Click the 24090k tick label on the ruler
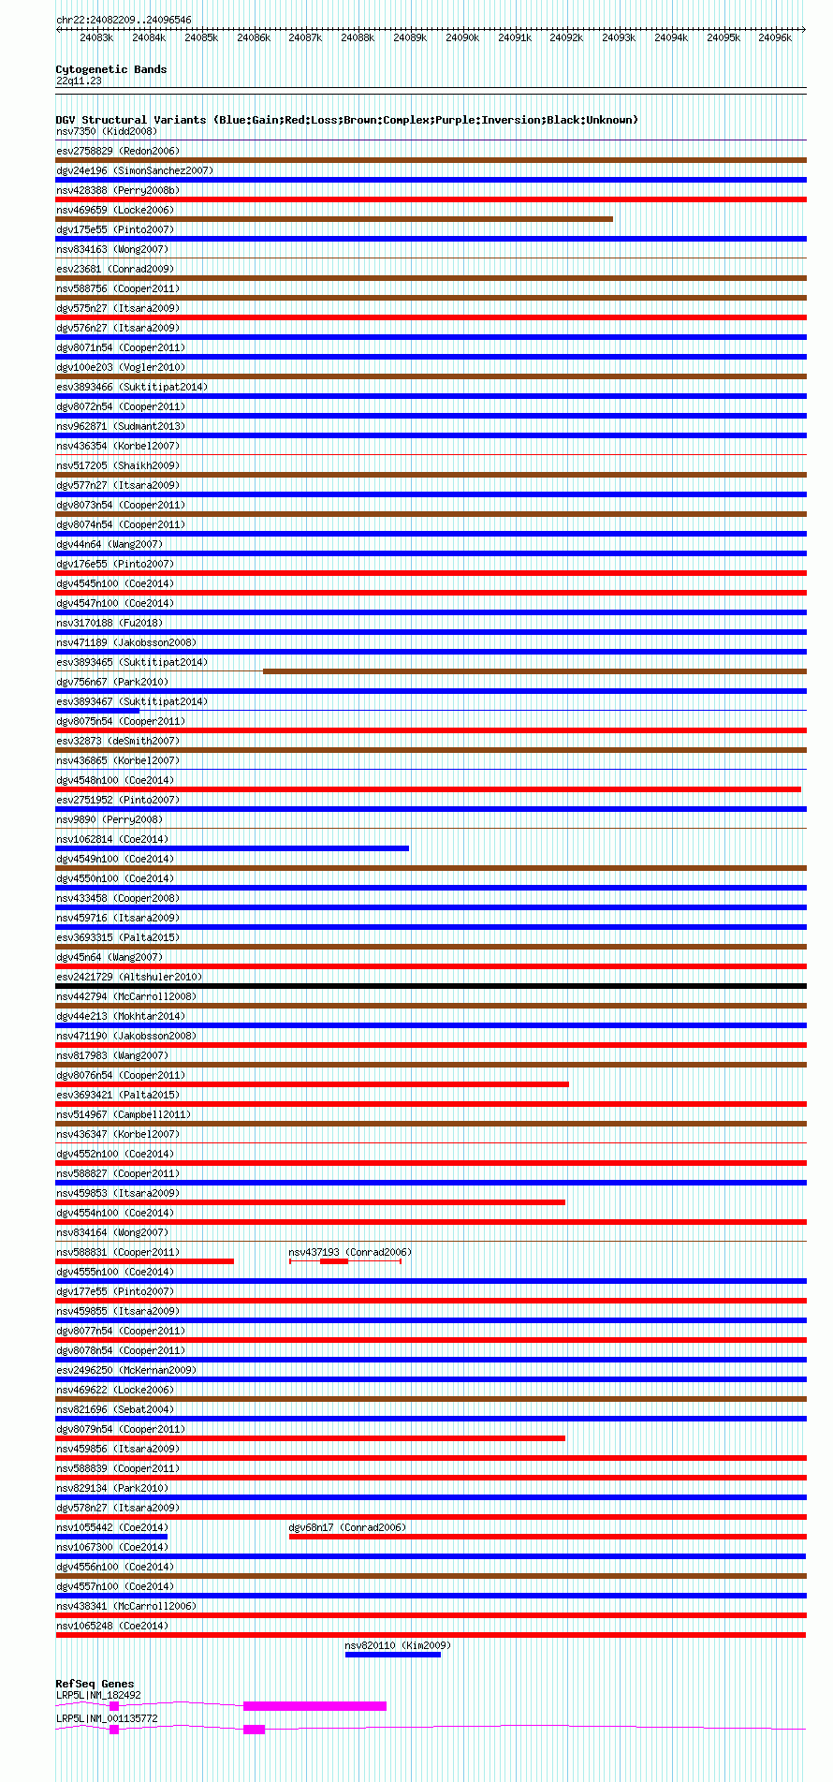[461, 37]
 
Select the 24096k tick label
[775, 37]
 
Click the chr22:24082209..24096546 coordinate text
[124, 20]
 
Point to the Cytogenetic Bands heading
[111, 69]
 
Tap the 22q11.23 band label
[79, 81]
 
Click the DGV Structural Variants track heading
[346, 120]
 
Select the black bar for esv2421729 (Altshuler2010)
[431, 986]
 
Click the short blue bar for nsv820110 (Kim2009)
[392, 1655]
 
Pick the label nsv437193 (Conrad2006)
[349, 1252]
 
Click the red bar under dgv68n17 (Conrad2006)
[548, 1537]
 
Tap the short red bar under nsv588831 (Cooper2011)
[144, 1261]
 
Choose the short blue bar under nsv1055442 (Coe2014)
[111, 1537]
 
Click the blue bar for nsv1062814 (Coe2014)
[232, 848]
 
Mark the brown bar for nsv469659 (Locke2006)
[334, 219]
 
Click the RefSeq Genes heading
[95, 1684]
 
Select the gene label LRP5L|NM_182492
[98, 1695]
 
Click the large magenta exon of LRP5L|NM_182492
[314, 1706]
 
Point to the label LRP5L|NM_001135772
[107, 1718]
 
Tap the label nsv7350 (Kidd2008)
[107, 131]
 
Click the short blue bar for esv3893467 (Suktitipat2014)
[97, 711]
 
